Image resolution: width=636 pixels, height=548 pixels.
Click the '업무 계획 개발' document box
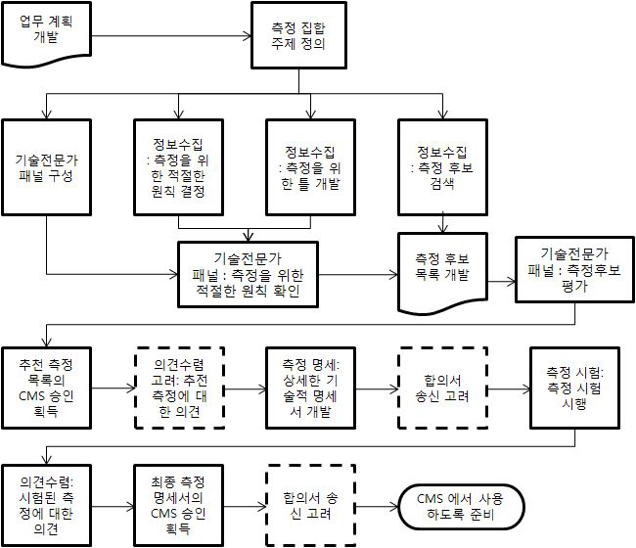click(46, 33)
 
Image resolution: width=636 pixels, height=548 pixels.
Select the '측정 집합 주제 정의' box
click(299, 35)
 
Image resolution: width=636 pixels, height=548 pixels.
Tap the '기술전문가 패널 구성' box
click(46, 167)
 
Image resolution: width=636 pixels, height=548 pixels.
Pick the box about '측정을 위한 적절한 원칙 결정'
click(178, 167)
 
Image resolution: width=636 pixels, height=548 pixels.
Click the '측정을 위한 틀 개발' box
click(311, 167)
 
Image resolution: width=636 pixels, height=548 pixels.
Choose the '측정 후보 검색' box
click(442, 167)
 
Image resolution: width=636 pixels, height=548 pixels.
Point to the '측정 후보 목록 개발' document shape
click(442, 273)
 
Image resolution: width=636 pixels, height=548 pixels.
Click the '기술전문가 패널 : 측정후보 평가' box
click(574, 270)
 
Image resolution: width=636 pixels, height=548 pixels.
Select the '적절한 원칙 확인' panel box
click(248, 275)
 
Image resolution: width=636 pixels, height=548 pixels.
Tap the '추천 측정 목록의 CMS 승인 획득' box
click(46, 388)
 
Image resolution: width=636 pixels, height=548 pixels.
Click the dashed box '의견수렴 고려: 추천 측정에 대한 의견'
click(179, 388)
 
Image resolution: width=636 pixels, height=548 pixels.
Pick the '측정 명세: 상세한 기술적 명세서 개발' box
click(311, 388)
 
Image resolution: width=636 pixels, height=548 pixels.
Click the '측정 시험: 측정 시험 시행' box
click(574, 388)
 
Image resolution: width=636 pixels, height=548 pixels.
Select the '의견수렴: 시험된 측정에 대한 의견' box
click(46, 505)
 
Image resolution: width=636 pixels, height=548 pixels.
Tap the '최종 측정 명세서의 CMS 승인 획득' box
click(178, 505)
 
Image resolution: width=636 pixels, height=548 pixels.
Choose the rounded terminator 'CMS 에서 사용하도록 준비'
click(461, 507)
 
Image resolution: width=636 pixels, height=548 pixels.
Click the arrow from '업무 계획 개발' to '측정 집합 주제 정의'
click(171, 36)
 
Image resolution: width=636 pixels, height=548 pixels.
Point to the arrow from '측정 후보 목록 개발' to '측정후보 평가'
click(501, 282)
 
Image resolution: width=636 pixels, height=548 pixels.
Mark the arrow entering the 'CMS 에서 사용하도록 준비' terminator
click(378, 507)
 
